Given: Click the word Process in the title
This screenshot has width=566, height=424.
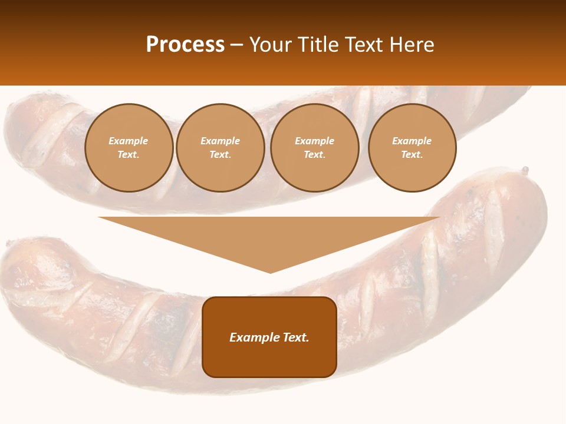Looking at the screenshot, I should (x=185, y=45).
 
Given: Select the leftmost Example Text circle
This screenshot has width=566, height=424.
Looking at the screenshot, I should (x=129, y=148).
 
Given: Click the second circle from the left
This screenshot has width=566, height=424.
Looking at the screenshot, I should (x=220, y=148).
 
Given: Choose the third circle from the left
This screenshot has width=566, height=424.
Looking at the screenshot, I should (x=314, y=148).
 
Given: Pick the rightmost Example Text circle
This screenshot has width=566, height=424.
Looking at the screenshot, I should (x=412, y=148).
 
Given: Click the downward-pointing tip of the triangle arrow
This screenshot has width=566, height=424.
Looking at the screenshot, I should (x=270, y=271).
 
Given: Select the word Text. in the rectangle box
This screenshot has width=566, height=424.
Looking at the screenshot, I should (x=297, y=337).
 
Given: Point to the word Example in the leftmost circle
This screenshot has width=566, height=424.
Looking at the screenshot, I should (x=129, y=141).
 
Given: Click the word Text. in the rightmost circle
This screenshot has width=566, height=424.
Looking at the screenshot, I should (x=412, y=155).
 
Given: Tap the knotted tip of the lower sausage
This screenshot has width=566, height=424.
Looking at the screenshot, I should (x=524, y=171).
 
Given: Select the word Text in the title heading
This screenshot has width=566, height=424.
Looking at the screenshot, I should (x=364, y=45).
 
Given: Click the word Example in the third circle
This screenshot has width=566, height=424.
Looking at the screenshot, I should (x=314, y=141).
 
